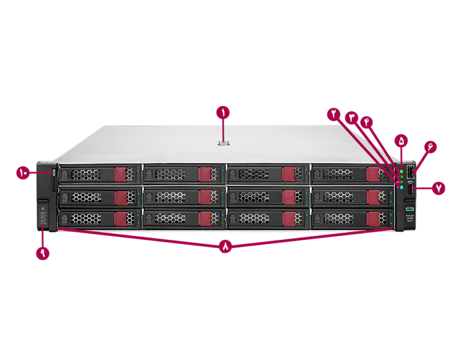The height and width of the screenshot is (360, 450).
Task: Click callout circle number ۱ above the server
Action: (223, 111)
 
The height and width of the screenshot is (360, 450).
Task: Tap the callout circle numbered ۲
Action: (333, 114)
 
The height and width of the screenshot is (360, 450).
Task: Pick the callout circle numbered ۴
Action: (367, 121)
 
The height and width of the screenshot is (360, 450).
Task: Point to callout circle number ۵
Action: (401, 141)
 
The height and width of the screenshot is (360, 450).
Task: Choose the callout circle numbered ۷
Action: (439, 188)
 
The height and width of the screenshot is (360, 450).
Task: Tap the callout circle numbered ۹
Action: (42, 253)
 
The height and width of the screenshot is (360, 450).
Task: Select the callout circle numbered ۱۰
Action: (23, 172)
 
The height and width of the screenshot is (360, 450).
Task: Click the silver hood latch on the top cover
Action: (223, 142)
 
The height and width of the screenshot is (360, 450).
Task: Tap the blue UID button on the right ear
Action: (401, 187)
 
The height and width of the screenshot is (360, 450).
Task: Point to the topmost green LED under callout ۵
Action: (401, 171)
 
